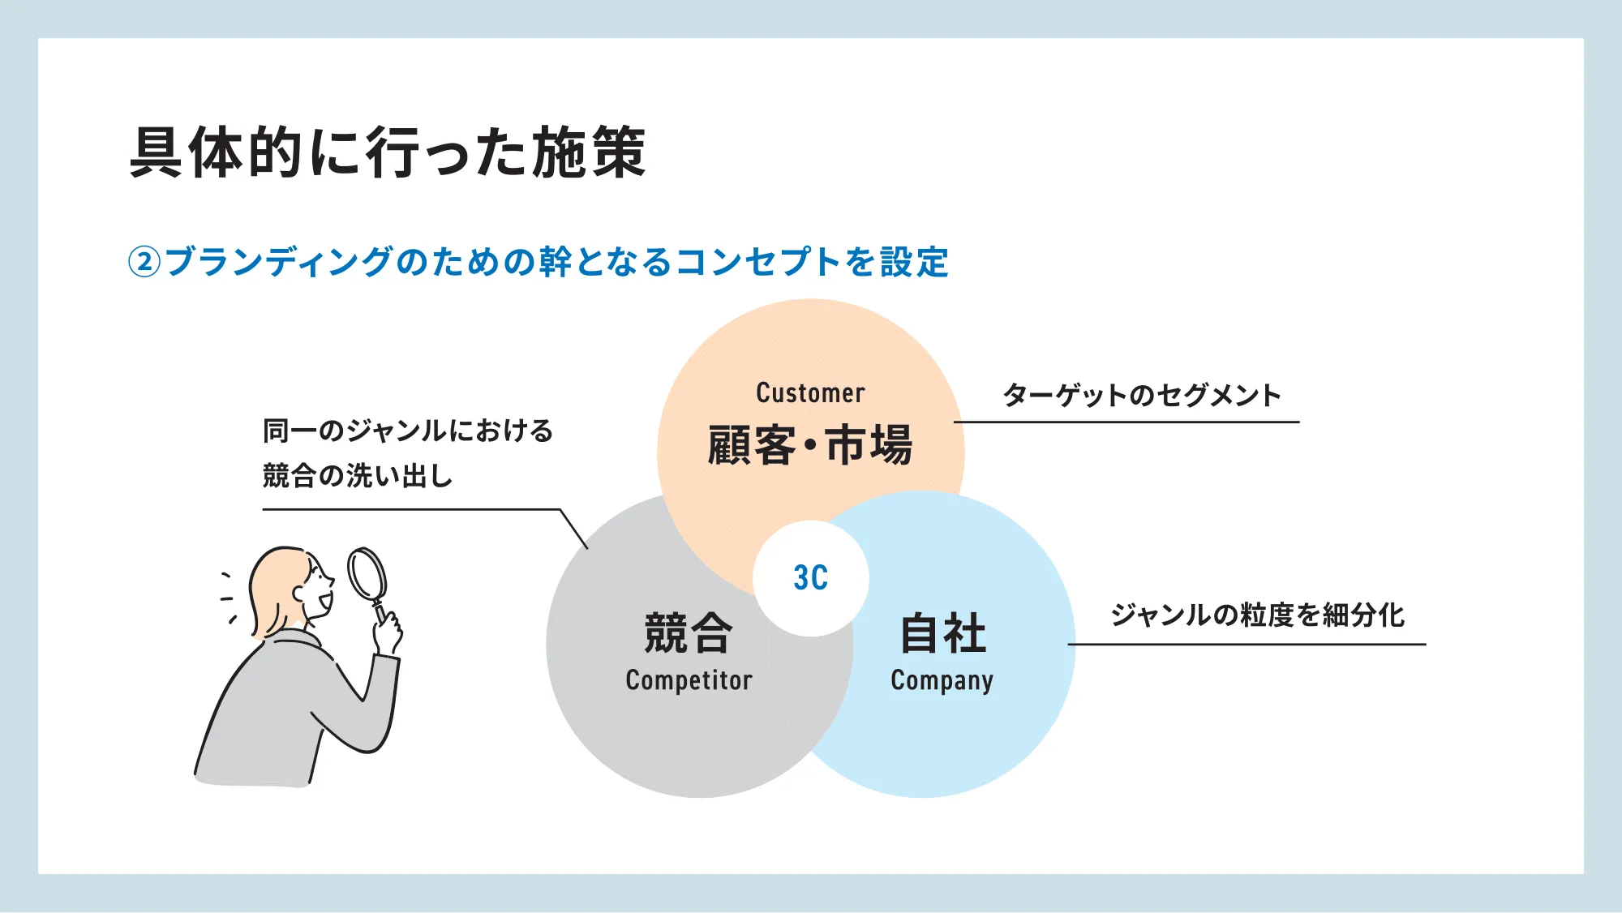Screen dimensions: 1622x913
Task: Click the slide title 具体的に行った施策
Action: coord(388,152)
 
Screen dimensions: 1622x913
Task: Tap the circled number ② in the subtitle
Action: coord(144,262)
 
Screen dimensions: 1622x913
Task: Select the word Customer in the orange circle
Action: coord(810,393)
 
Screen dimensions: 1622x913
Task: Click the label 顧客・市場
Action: coord(810,445)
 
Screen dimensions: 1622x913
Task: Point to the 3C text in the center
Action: coord(810,578)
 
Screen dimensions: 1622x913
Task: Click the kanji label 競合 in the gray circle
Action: coord(689,633)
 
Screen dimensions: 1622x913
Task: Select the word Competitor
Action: coord(689,679)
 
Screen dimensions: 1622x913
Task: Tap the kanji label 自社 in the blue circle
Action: coord(943,633)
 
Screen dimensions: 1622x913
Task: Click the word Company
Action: coord(942,681)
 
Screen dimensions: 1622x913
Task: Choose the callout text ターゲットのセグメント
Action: coord(1142,395)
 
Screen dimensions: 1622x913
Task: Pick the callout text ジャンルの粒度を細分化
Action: coord(1258,615)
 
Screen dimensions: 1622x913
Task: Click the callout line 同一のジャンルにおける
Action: coord(408,431)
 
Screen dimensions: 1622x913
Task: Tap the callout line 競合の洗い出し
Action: coord(358,475)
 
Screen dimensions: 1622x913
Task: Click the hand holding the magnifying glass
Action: coord(388,633)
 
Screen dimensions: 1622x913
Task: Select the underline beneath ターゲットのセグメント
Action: coord(1126,422)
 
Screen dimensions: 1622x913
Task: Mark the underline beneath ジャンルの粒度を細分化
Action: coord(1247,645)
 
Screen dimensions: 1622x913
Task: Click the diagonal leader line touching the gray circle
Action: coord(573,529)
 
